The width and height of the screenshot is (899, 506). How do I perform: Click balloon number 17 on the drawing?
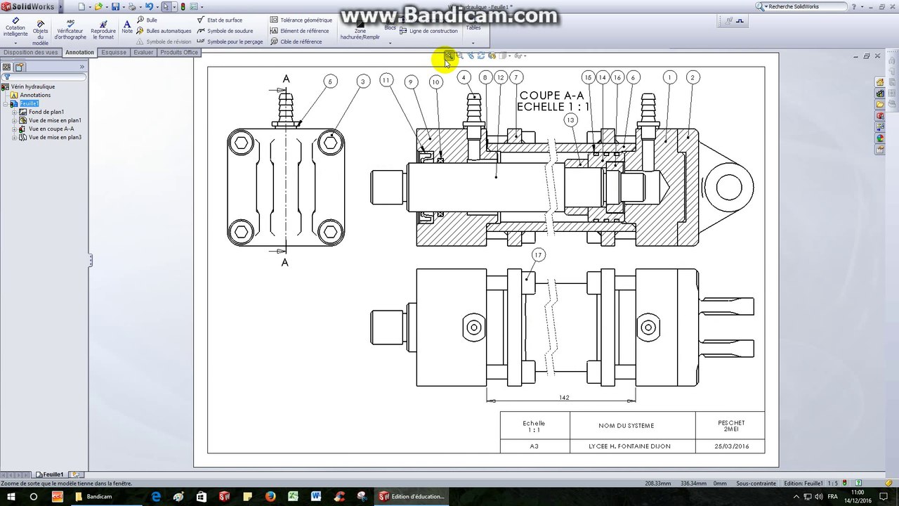click(x=538, y=254)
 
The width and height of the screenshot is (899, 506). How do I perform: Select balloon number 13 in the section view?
click(x=570, y=120)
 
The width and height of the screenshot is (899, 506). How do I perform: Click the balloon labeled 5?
click(x=331, y=82)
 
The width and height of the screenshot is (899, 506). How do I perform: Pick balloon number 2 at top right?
click(x=692, y=77)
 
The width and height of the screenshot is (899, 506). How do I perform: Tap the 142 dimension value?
click(x=564, y=398)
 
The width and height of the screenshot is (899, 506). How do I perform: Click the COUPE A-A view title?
click(x=551, y=96)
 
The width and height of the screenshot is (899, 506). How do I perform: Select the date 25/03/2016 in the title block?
click(x=731, y=446)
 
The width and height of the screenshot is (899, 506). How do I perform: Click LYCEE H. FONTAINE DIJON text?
click(x=629, y=446)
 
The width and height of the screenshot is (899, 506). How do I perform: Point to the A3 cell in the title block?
click(x=534, y=446)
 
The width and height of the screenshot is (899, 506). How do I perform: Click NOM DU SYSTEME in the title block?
click(x=626, y=425)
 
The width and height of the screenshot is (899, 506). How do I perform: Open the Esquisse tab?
click(x=114, y=52)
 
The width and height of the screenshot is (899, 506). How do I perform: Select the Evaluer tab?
click(x=143, y=52)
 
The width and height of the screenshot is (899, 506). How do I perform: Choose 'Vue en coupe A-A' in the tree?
click(x=51, y=129)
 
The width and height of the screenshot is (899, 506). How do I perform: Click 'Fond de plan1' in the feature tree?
click(x=46, y=112)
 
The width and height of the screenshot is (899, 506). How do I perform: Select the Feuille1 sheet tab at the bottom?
click(x=53, y=474)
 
